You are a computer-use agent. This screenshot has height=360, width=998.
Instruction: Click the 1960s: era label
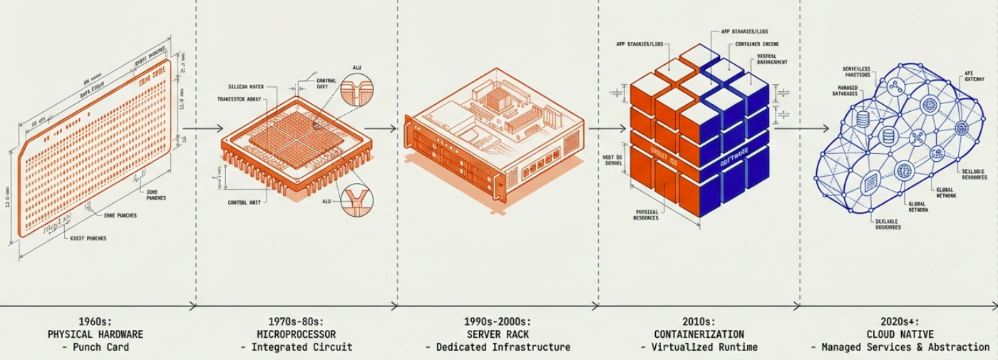tap(95, 322)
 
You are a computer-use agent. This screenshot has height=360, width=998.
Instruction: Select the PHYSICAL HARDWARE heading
tap(95, 334)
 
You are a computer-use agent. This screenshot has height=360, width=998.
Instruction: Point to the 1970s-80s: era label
tap(297, 322)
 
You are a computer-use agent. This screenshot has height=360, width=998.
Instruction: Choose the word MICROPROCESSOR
tap(297, 334)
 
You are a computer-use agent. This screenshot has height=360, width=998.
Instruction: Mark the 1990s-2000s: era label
tap(498, 322)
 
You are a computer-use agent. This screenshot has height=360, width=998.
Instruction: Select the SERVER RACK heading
tap(498, 334)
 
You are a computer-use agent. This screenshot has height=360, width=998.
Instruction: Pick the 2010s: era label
tap(699, 322)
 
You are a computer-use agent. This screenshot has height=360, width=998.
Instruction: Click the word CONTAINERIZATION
tap(699, 334)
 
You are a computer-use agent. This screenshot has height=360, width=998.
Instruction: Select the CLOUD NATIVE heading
tap(900, 334)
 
